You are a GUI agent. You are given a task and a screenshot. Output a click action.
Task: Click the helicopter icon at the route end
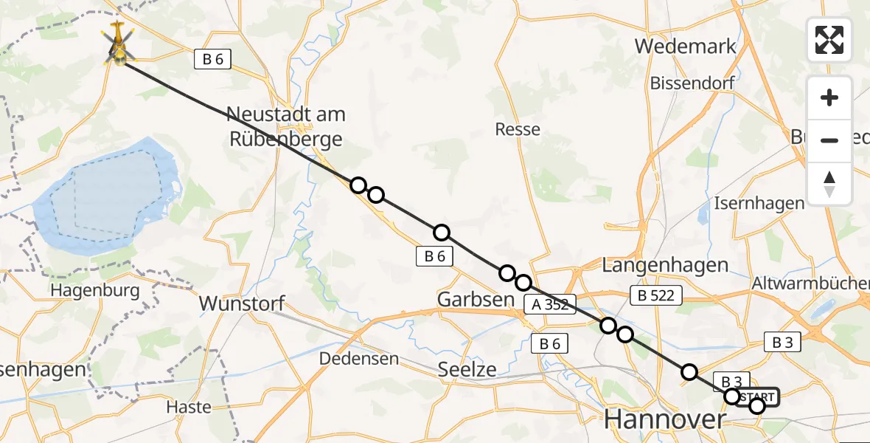click(x=119, y=44)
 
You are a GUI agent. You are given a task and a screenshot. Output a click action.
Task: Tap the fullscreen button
click(x=829, y=40)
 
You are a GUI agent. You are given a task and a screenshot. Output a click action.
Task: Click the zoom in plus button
click(x=829, y=97)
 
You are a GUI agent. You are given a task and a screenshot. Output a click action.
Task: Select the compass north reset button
click(x=829, y=184)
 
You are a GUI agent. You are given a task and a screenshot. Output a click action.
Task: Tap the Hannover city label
click(x=665, y=419)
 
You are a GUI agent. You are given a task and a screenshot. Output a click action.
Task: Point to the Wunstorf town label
click(x=242, y=303)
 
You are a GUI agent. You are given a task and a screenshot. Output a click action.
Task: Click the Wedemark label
click(x=685, y=47)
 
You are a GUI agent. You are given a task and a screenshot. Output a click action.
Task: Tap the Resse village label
click(x=518, y=130)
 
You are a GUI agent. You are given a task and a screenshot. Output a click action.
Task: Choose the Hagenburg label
click(x=95, y=290)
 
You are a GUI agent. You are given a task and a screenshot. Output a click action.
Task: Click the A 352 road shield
click(x=550, y=304)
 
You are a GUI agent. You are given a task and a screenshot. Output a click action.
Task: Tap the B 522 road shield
click(x=656, y=296)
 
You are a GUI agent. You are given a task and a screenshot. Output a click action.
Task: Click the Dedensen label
click(x=359, y=359)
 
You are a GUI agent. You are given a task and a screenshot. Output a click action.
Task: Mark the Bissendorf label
click(x=692, y=83)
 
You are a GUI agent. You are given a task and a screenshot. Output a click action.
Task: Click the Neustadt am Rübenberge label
click(x=286, y=126)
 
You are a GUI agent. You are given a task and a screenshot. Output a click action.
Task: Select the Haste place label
click(x=189, y=407)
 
